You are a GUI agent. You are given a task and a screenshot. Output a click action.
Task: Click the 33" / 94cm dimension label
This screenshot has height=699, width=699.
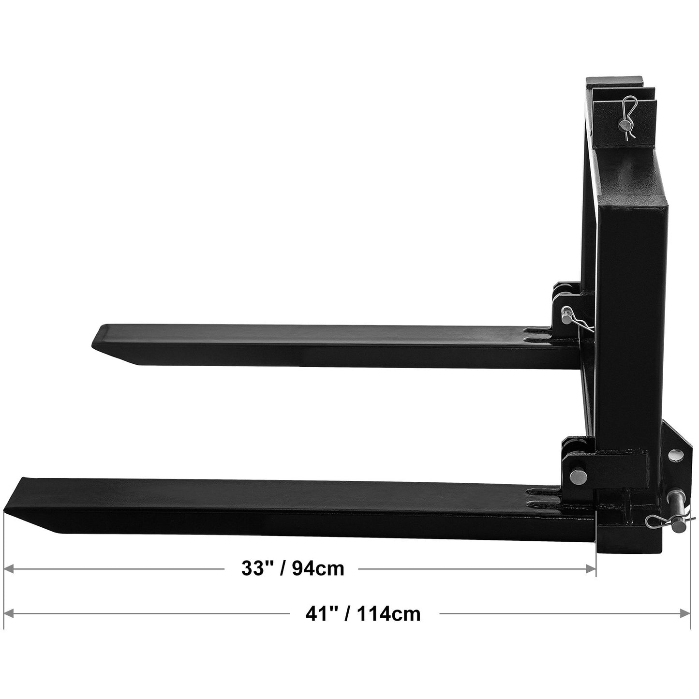pos(293,569)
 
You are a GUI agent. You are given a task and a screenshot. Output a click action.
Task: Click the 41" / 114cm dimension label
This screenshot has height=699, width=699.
pos(363,614)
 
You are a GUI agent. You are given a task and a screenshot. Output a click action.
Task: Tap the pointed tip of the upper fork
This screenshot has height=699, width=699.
pos(95,341)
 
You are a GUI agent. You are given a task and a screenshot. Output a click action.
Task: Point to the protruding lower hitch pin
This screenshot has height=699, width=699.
pos(675,498)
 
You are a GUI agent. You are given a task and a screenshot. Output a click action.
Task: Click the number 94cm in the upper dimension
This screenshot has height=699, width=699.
pos(318,569)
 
